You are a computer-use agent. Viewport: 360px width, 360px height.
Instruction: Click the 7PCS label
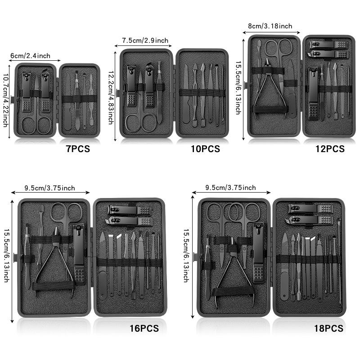(x=77, y=149)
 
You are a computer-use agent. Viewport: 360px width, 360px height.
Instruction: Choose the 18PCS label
(x=328, y=328)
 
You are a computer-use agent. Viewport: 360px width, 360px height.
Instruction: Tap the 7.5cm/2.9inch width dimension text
(x=145, y=41)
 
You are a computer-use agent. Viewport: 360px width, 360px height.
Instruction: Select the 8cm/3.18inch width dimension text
(x=270, y=26)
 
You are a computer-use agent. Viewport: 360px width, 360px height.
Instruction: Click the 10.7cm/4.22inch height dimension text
(x=6, y=100)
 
